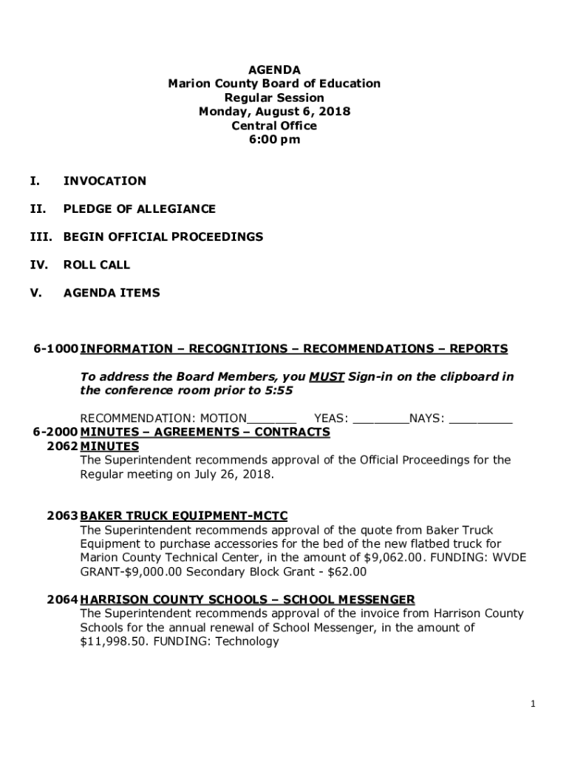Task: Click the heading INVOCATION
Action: (x=105, y=181)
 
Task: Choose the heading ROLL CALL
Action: (x=97, y=265)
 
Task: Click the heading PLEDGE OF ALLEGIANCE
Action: (x=140, y=209)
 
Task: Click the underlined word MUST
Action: (x=327, y=377)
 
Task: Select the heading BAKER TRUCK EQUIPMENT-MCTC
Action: (x=184, y=516)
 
